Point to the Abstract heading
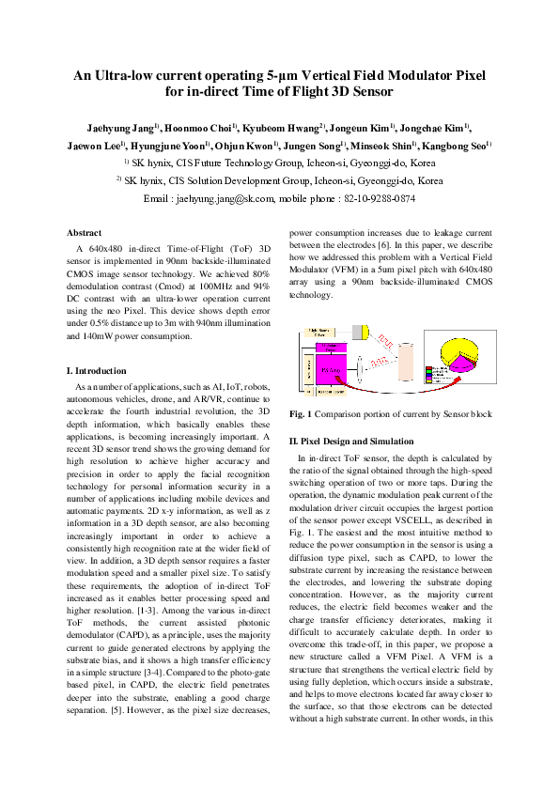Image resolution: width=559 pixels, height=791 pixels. (85, 232)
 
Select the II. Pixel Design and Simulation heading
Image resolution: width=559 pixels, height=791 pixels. (351, 440)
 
